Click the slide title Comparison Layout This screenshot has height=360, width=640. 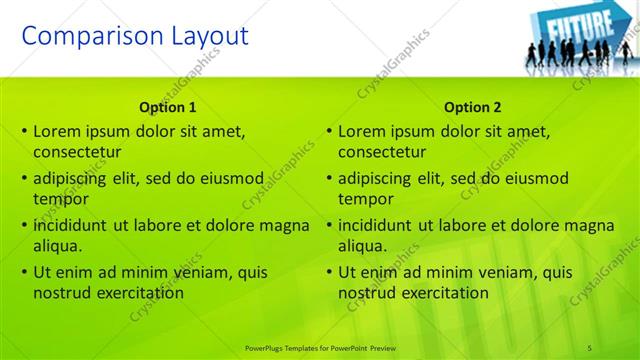tap(135, 37)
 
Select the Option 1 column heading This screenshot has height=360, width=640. tap(168, 107)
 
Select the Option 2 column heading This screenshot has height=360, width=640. tap(473, 107)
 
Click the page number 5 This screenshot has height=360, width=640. tap(590, 347)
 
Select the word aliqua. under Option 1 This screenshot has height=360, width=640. tap(57, 246)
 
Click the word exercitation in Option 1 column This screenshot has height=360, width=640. tap(140, 293)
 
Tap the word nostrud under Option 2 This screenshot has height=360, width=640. tap(368, 293)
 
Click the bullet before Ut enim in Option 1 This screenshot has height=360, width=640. tap(24, 272)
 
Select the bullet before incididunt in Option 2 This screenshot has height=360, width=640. tap(329, 225)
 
